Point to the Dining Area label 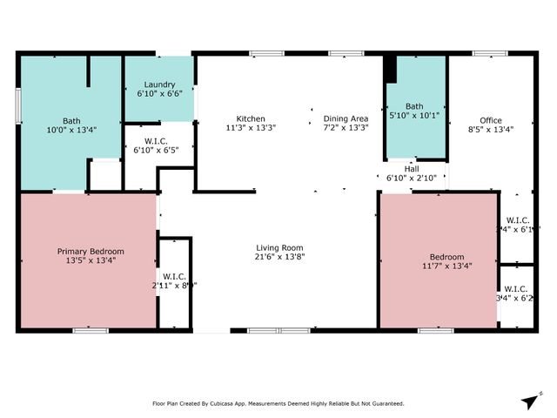[346, 118]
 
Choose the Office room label [491, 120]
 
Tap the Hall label [411, 169]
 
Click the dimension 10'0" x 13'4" [71, 130]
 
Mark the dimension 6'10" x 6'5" [155, 150]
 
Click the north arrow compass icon [528, 400]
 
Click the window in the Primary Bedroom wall [90, 330]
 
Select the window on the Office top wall [484, 54]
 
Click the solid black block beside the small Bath [390, 69]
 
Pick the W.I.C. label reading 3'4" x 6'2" [516, 293]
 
